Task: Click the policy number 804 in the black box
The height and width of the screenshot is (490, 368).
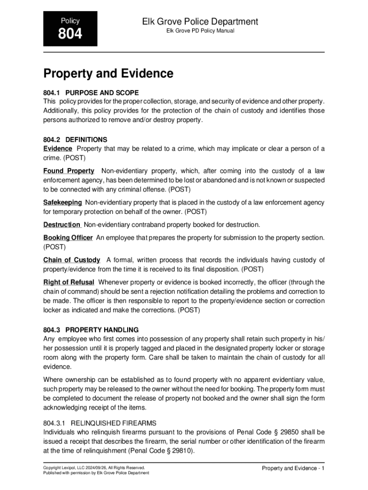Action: (70, 34)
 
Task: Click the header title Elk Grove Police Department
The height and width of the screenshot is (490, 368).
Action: (200, 22)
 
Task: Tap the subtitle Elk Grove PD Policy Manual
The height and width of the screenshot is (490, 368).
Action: (200, 32)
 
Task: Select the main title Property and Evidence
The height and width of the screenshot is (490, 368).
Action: (108, 74)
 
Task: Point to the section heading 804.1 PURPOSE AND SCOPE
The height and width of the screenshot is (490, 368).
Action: (91, 92)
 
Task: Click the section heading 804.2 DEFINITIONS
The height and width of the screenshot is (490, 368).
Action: (76, 140)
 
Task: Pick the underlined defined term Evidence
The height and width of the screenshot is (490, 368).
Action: (58, 149)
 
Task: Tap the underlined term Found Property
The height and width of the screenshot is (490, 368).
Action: (69, 171)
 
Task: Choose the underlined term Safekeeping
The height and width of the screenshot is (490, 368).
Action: (63, 202)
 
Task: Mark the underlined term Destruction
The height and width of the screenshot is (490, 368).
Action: (62, 224)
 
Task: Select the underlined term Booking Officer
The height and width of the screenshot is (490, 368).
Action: (68, 238)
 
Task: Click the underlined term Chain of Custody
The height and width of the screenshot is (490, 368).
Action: (72, 260)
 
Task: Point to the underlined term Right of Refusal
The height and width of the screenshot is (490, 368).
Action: (69, 282)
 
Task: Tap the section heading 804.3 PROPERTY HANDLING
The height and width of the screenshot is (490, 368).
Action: (91, 330)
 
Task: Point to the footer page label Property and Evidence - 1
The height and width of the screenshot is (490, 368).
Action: (293, 468)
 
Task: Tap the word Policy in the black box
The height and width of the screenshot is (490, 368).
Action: (70, 21)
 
